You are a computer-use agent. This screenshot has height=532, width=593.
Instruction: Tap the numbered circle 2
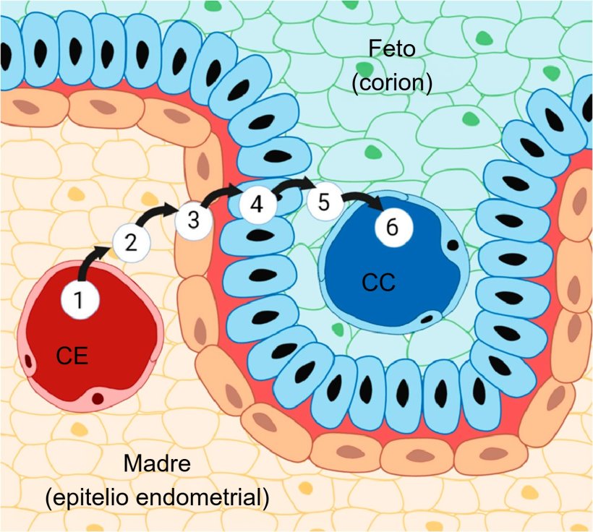(131, 242)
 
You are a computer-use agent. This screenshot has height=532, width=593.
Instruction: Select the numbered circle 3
(193, 220)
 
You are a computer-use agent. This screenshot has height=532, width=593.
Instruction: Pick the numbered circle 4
(257, 205)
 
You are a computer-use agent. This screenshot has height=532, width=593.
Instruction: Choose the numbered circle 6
(392, 226)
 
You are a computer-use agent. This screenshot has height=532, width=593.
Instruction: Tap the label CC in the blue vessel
(378, 283)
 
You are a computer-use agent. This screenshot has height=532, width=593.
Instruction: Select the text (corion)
(392, 83)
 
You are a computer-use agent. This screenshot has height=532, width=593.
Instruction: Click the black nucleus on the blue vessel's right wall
(452, 245)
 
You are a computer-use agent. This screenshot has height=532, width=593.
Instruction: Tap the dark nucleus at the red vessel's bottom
(98, 398)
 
